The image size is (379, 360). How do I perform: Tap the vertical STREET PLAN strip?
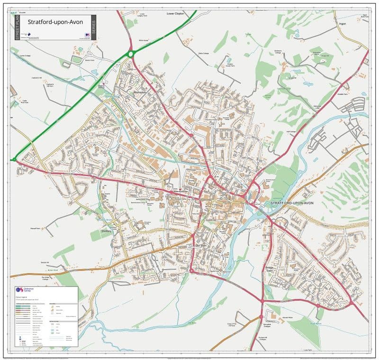tap(17, 27)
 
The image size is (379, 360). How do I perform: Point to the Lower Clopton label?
tap(175, 14)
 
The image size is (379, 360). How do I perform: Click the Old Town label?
tap(201, 245)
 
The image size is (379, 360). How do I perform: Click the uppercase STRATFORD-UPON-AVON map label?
tap(292, 203)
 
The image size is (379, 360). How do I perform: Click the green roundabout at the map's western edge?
tap(14, 159)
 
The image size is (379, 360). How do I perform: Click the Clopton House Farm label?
tap(231, 65)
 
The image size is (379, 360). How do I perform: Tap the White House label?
tap(144, 40)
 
